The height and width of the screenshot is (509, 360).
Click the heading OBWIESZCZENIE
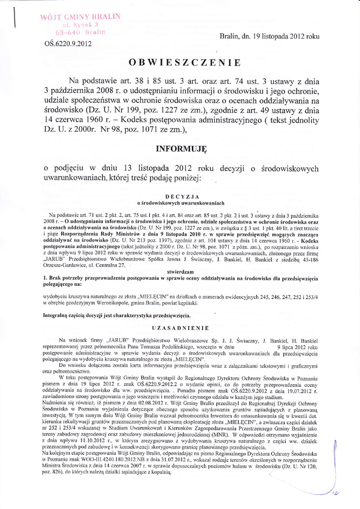point(184,63)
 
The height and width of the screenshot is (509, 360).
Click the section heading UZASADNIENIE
point(180,328)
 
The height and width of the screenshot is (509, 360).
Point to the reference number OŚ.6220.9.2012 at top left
point(68,43)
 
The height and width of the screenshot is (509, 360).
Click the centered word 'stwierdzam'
point(180,272)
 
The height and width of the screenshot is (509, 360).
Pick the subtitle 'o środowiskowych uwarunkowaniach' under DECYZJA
point(180,203)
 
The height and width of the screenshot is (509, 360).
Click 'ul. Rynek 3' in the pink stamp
point(81,25)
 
